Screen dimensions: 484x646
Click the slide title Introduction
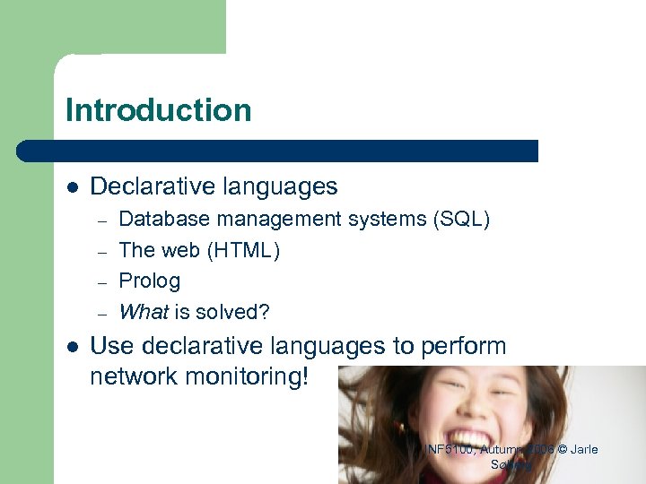pos(159,110)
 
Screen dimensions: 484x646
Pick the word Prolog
pos(149,281)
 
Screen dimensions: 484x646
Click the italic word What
pos(144,312)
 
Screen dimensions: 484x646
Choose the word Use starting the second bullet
pos(109,346)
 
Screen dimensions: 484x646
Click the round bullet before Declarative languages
pos(73,187)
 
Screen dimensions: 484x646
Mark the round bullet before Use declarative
pos(73,347)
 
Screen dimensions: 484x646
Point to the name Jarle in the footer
pos(581,449)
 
